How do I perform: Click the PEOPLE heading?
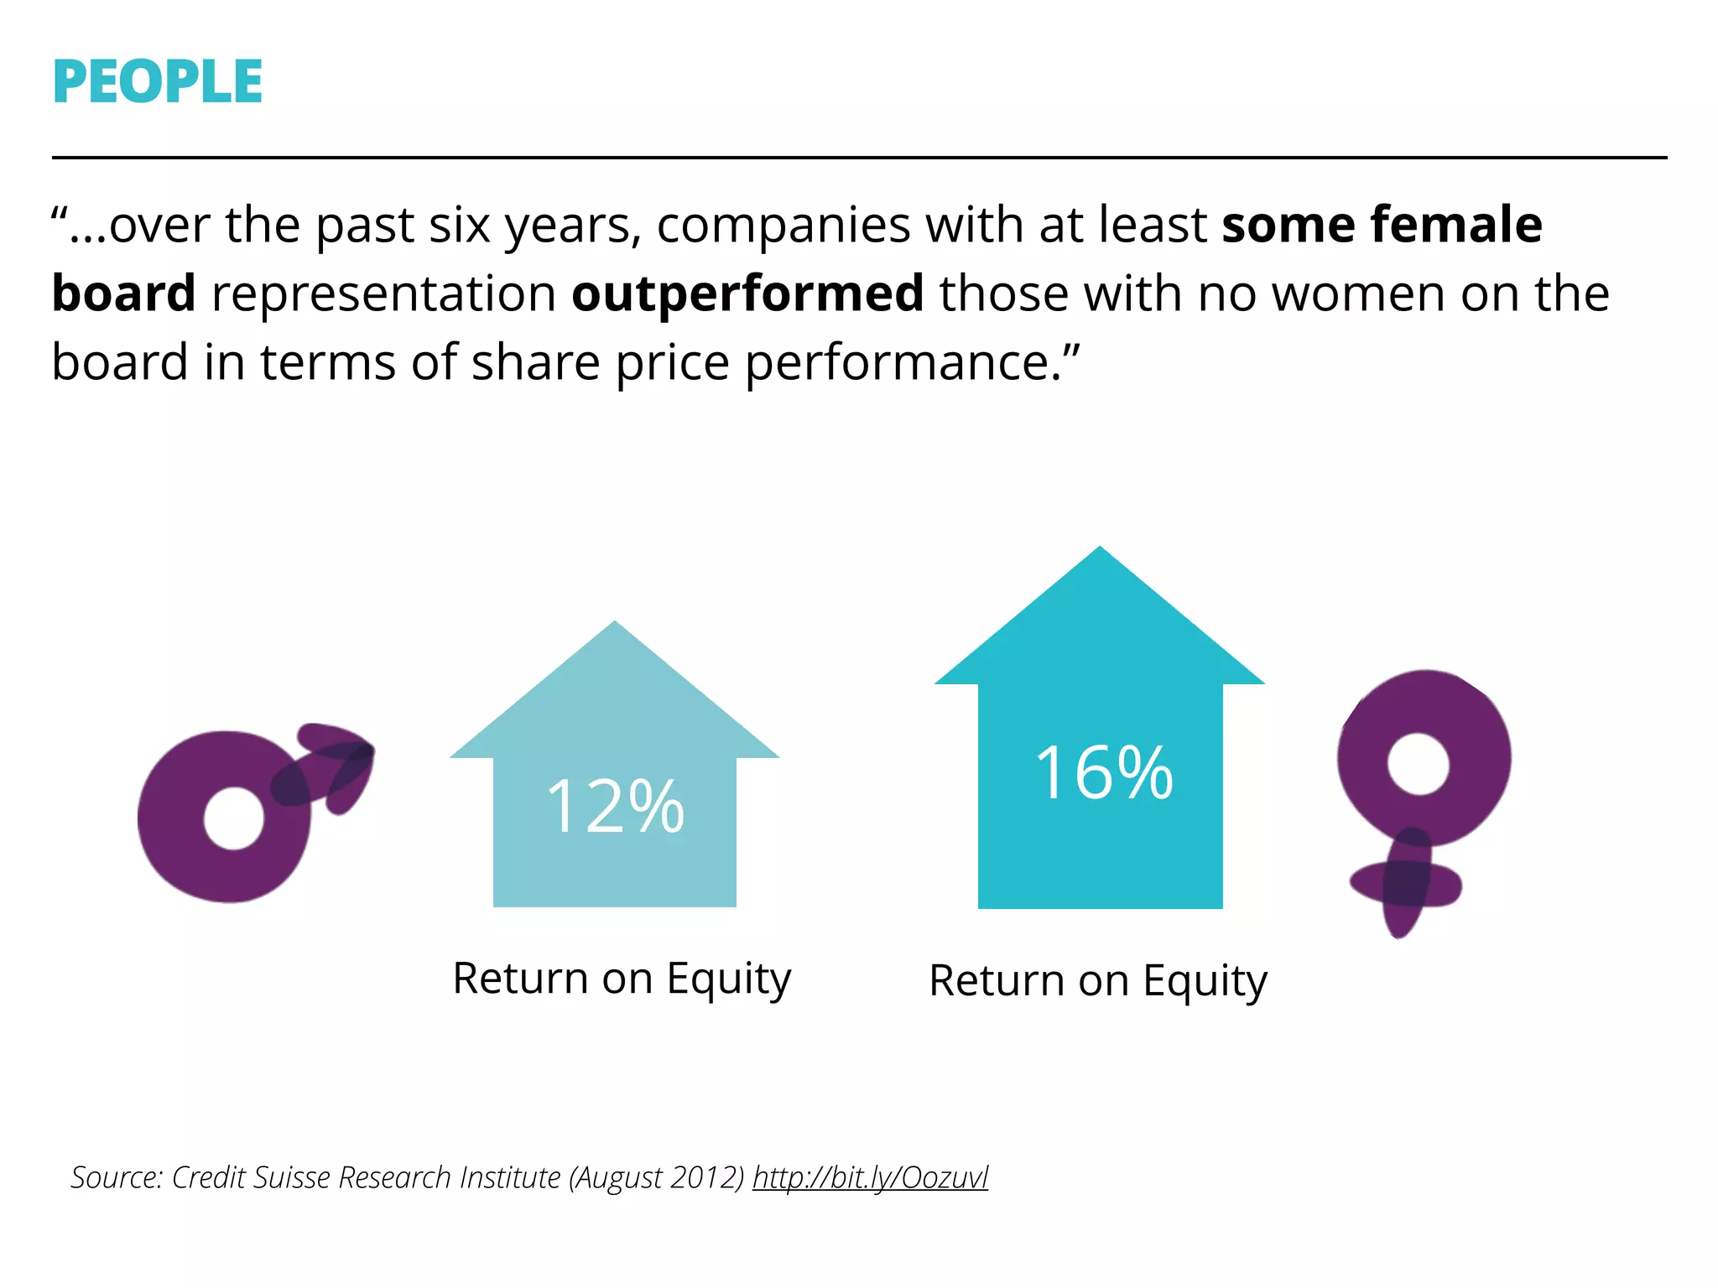coord(157,81)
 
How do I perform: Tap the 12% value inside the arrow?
coord(615,807)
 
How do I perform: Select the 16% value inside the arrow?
coord(1103,772)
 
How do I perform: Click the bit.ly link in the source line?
coord(870,1177)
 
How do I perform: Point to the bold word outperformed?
coord(747,294)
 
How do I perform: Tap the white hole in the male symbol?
coord(233,818)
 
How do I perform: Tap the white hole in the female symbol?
coord(1418,763)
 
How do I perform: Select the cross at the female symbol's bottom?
coord(1406,885)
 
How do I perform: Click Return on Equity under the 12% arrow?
coord(622,979)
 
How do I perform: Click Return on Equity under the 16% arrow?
coord(1098,981)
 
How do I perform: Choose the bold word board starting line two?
coord(124,294)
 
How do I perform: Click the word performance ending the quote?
coord(903,363)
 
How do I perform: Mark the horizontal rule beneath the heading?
coord(859,157)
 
